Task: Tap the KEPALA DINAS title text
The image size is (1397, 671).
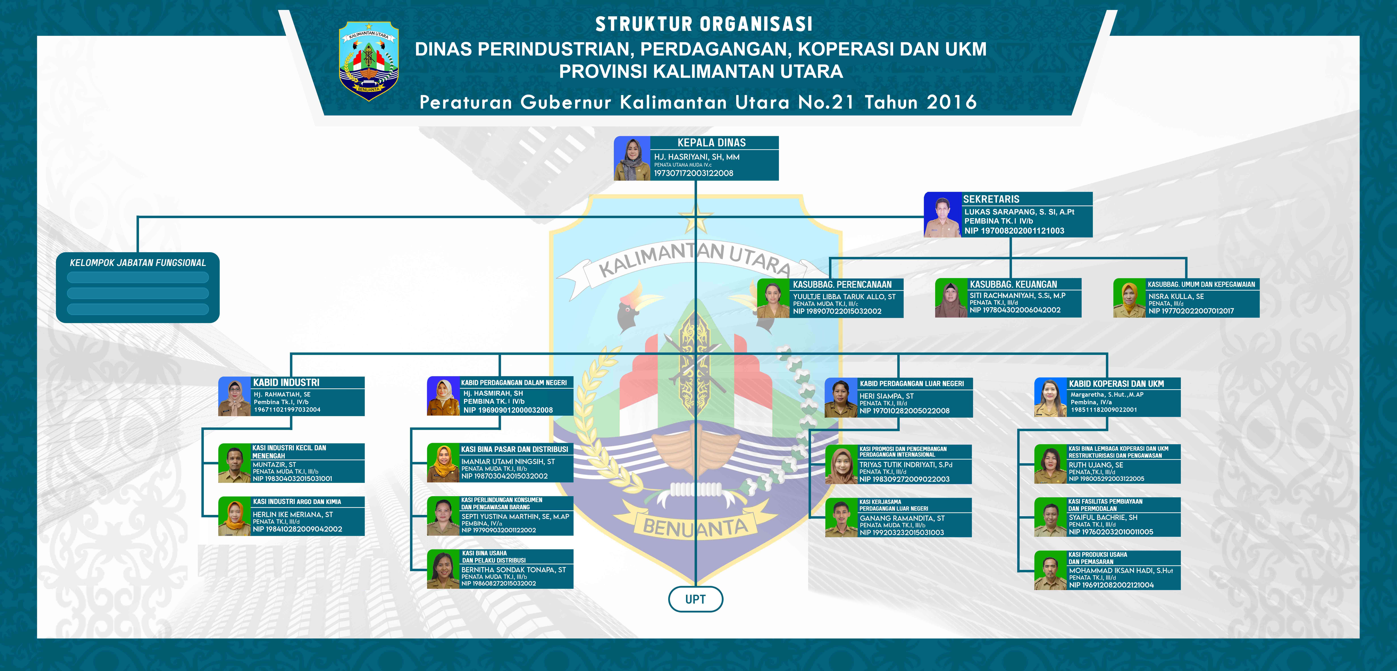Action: click(711, 143)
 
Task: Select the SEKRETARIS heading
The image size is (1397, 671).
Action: click(991, 199)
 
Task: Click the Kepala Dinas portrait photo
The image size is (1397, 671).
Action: click(632, 158)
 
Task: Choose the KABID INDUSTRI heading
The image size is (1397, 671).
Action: click(286, 382)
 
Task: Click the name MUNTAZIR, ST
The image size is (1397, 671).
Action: click(274, 464)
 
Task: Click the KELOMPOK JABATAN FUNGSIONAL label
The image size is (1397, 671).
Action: click(138, 263)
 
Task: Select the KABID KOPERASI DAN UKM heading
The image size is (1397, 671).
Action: click(1116, 384)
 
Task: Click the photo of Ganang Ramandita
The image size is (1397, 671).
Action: click(841, 519)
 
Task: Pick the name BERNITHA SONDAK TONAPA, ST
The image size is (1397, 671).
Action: click(513, 570)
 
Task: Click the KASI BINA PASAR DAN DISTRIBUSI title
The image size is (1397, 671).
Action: click(514, 449)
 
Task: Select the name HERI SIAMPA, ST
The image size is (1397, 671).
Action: click(886, 396)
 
